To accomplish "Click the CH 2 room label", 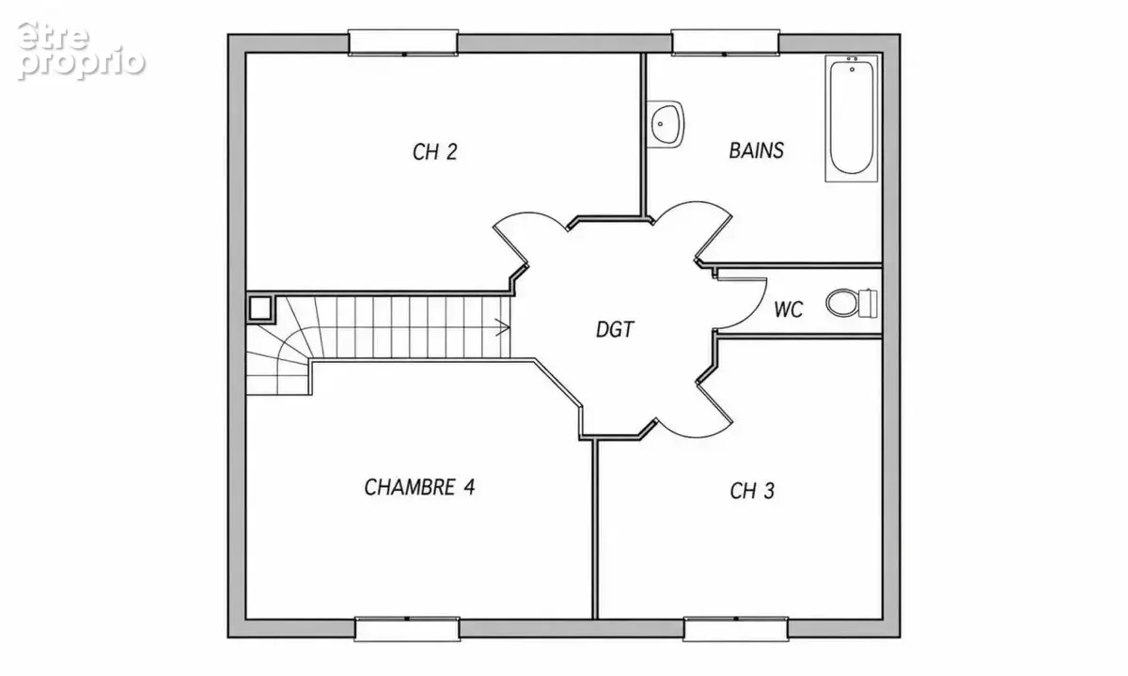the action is [x=434, y=152].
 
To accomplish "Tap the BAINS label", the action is [x=757, y=150].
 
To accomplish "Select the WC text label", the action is [x=789, y=309].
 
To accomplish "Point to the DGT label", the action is [x=615, y=329].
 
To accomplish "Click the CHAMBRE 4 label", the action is [x=419, y=487].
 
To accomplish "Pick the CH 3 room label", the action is [x=752, y=491].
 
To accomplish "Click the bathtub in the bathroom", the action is [x=852, y=118].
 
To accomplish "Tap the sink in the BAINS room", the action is [x=665, y=124].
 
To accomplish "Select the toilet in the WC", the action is [x=852, y=304].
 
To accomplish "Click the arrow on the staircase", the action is [x=503, y=327].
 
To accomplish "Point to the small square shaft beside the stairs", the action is [x=260, y=308].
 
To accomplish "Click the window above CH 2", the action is [x=403, y=42].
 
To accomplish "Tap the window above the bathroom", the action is [x=726, y=42].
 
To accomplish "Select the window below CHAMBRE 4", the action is [x=407, y=629].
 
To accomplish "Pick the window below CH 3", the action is [x=736, y=629].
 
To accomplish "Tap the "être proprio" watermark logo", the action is [x=81, y=51].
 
